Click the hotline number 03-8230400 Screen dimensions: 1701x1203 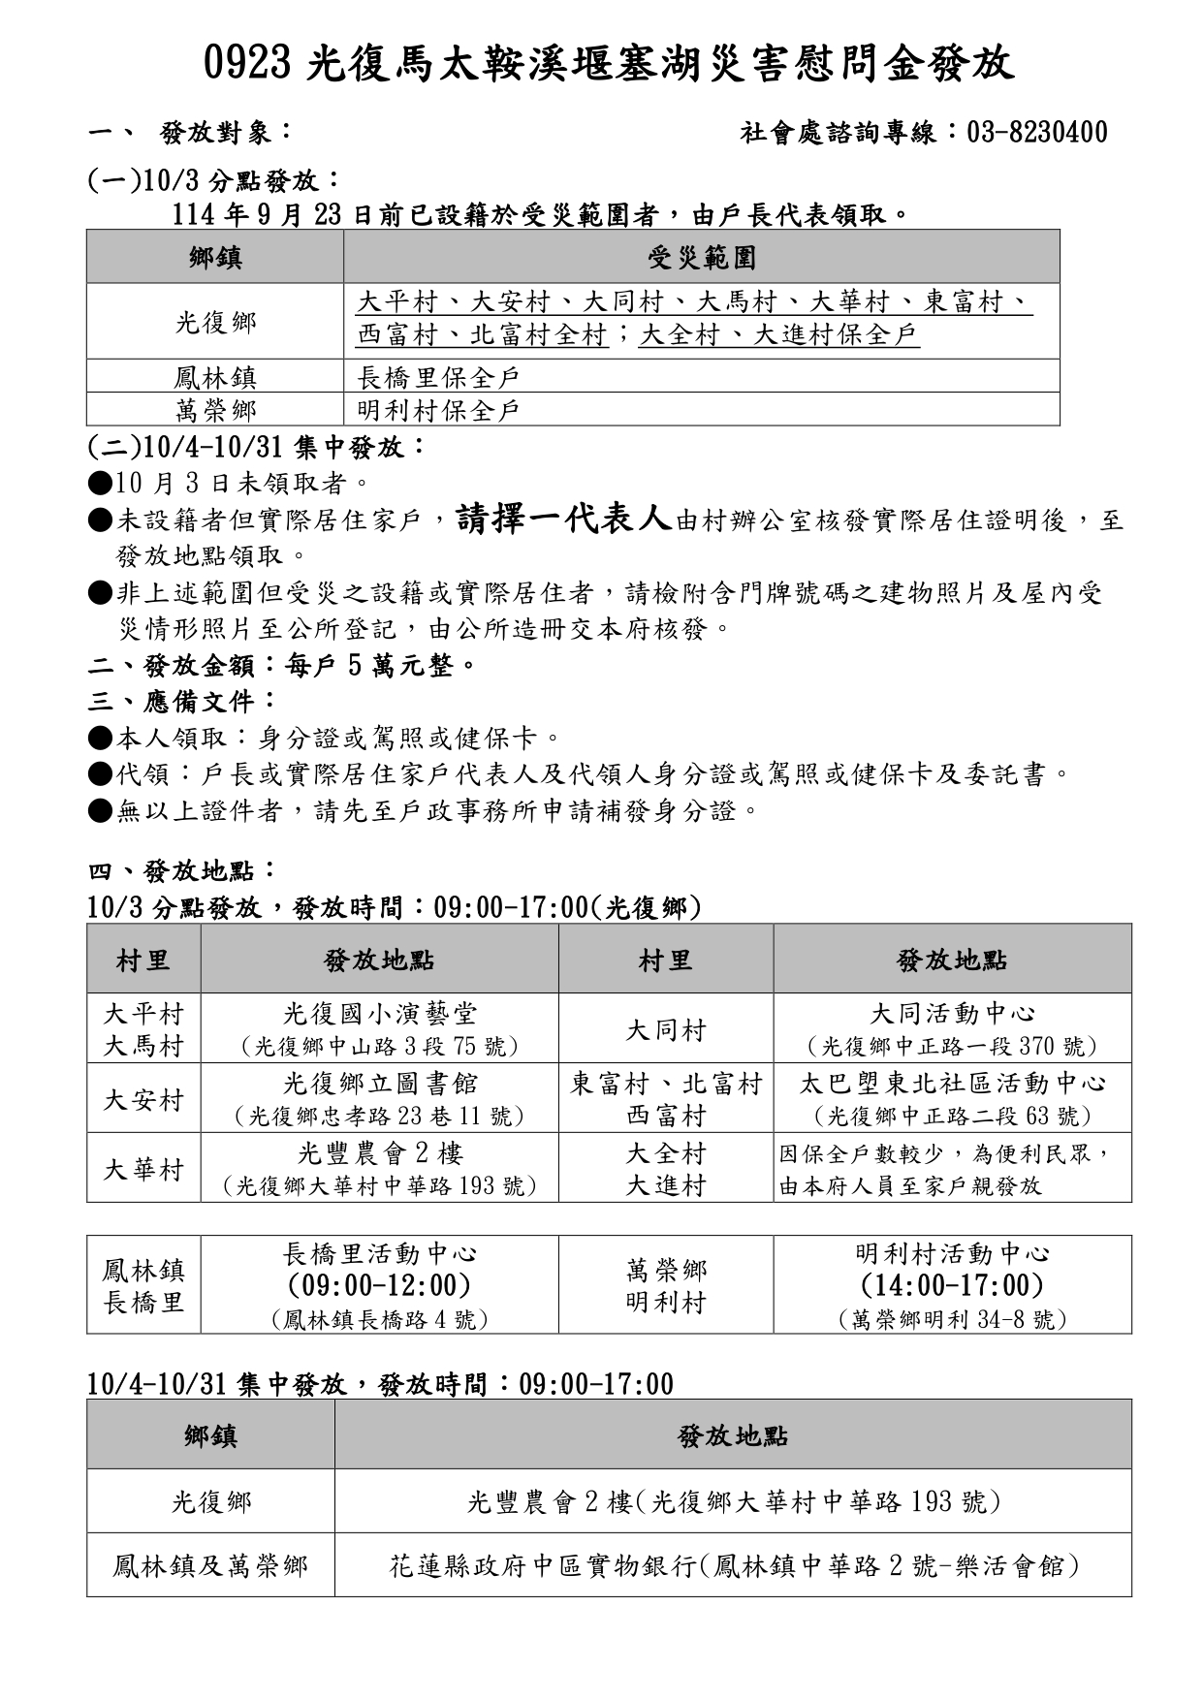[x=1036, y=133]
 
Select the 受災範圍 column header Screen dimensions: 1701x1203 [x=701, y=257]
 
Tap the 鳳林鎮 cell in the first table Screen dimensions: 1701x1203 [x=215, y=377]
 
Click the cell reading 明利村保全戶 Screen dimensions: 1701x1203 [x=438, y=410]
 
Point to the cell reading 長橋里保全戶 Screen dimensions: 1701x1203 [x=438, y=377]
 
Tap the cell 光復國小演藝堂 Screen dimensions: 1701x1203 [x=379, y=1014]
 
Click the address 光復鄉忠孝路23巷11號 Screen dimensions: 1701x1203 [x=379, y=1116]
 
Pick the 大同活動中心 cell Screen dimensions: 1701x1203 [x=952, y=1014]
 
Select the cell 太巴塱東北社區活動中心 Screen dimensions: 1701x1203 [x=952, y=1083]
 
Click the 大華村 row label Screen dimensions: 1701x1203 [x=143, y=1169]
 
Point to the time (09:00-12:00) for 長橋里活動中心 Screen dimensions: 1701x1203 [x=379, y=1285]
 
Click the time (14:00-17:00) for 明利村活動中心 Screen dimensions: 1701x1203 [x=952, y=1285]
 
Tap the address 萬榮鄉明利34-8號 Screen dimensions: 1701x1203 [x=952, y=1319]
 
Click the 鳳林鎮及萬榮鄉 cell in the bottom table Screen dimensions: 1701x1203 [x=210, y=1565]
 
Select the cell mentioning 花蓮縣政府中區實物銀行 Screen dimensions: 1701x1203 [x=734, y=1565]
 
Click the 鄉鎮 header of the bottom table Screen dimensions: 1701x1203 [x=210, y=1435]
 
